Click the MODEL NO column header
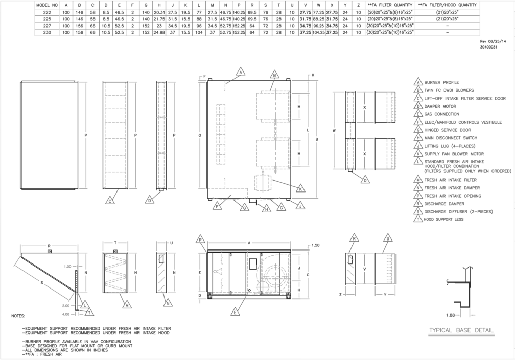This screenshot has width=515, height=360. click(47, 5)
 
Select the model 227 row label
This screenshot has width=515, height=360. click(47, 26)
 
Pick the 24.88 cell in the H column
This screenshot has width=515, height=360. click(159, 33)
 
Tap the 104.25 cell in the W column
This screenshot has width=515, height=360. click(319, 33)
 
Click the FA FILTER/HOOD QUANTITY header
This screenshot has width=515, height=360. click(447, 5)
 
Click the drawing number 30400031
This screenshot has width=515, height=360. click(489, 47)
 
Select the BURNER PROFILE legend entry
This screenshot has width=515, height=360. click(441, 82)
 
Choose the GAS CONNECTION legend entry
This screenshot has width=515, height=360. click(441, 114)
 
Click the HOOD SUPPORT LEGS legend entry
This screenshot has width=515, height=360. click(443, 219)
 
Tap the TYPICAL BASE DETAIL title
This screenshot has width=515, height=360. click(461, 330)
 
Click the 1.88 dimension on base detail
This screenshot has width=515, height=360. click(450, 315)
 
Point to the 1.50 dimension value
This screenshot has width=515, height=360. click(315, 245)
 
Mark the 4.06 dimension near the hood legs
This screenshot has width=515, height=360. click(66, 314)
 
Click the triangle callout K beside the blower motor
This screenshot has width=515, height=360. click(300, 188)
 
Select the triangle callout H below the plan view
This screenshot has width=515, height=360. click(266, 208)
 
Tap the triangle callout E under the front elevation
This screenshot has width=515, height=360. click(235, 312)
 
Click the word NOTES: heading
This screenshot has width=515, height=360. click(18, 316)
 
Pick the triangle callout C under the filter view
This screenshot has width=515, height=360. click(110, 200)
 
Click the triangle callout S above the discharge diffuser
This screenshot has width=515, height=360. click(388, 238)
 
